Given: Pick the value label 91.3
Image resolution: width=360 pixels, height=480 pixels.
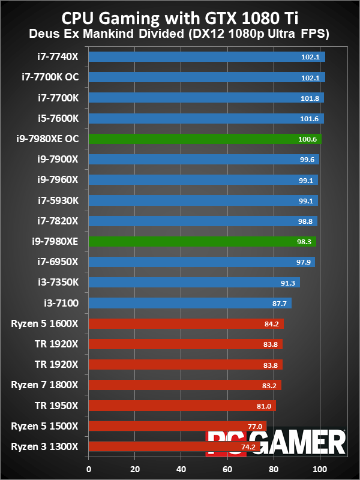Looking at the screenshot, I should (286, 283).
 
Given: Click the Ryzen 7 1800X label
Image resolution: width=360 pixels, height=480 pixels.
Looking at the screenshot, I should (44, 384).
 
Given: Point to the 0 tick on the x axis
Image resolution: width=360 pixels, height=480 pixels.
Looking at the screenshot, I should (89, 469).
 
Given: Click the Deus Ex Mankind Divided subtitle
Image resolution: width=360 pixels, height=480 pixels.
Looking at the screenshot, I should (180, 34).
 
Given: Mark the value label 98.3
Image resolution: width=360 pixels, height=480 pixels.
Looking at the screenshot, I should (302, 242).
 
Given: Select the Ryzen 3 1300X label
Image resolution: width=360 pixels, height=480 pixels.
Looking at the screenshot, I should (44, 446).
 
